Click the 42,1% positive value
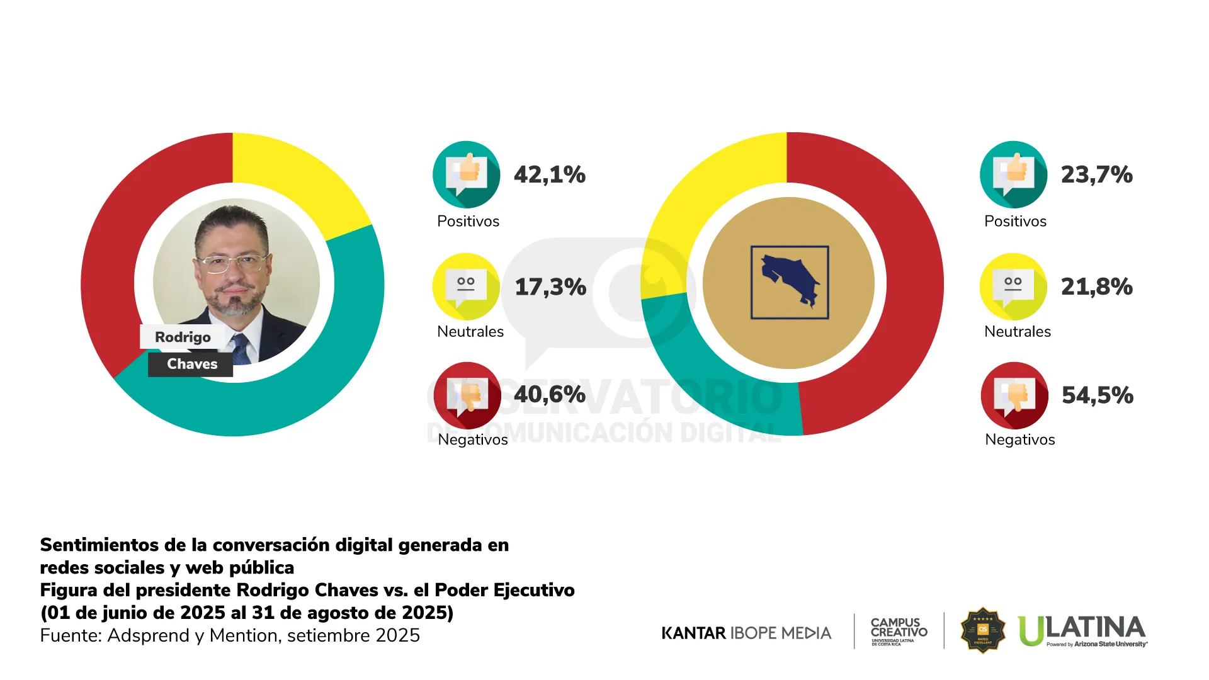tap(549, 174)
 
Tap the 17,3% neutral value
tap(550, 286)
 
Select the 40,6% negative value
tap(549, 395)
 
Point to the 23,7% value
tap(1096, 174)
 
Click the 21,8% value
tap(1096, 286)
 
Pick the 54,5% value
tap(1097, 395)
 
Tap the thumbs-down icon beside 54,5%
tap(1014, 395)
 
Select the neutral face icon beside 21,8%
tap(1013, 286)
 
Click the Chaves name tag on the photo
tap(191, 364)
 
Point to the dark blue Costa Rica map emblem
tap(790, 283)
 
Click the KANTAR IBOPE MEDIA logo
tap(746, 633)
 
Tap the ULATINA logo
tap(1082, 630)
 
